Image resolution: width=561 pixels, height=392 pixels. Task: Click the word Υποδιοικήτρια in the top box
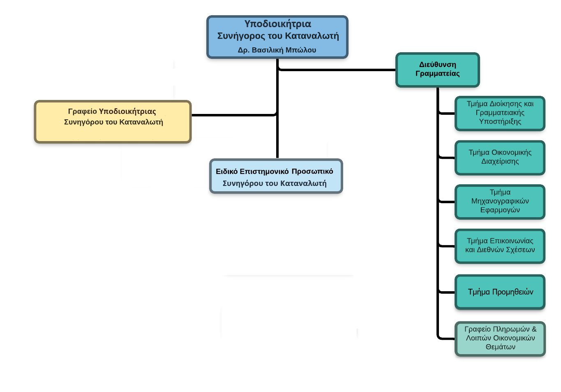click(277, 24)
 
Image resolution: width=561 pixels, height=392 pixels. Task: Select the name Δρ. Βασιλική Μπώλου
click(277, 50)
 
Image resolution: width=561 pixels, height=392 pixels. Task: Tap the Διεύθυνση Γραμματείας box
click(437, 70)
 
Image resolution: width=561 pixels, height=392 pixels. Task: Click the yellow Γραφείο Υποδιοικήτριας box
click(113, 121)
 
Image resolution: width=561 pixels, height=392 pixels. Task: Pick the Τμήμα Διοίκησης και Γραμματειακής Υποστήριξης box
click(500, 113)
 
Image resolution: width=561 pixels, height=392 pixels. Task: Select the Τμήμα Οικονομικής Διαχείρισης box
click(500, 157)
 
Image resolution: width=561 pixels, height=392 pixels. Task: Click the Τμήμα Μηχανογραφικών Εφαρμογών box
click(500, 201)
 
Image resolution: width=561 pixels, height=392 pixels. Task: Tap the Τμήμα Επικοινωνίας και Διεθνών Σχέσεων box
click(500, 246)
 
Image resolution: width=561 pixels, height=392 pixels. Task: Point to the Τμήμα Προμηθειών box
click(500, 292)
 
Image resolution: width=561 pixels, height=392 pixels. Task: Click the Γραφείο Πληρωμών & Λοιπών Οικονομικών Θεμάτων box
click(500, 338)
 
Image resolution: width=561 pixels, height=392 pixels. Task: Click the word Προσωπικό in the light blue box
click(312, 172)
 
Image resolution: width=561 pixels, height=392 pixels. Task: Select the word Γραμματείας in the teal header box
click(437, 74)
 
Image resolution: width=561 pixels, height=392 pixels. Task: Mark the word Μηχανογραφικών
click(500, 201)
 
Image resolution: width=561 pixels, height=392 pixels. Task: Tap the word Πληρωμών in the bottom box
click(512, 329)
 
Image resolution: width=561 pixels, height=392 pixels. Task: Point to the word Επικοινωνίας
click(512, 241)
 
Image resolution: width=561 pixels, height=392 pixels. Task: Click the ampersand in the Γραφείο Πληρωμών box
click(534, 329)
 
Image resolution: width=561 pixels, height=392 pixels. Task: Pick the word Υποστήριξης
click(500, 122)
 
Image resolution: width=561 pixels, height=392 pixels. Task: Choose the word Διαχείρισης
click(500, 162)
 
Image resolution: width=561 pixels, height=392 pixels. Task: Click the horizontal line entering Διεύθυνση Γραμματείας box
click(337, 71)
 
